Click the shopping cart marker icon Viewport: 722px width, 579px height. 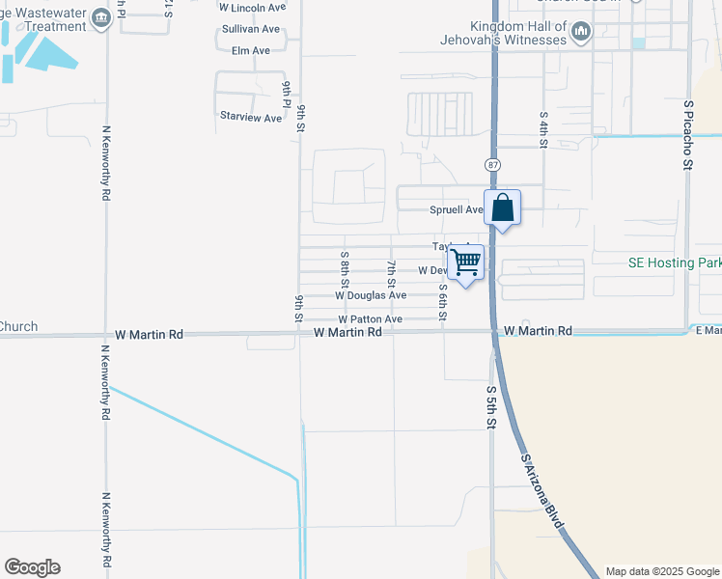tap(465, 262)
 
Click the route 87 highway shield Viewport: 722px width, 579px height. tap(492, 165)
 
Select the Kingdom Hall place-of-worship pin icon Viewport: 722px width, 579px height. tap(581, 33)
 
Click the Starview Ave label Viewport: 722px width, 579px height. tap(251, 118)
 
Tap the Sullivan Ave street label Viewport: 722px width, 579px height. tap(251, 29)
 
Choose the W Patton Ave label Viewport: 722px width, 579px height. tap(370, 319)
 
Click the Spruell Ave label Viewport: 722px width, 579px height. tap(456, 210)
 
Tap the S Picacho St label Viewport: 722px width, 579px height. tap(688, 135)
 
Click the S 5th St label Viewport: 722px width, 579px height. tap(491, 409)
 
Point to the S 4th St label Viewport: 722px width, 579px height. tap(543, 128)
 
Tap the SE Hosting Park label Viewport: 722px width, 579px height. tap(669, 262)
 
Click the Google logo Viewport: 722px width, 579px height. tap(32, 567)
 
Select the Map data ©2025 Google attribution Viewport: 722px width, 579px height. tap(661, 571)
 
